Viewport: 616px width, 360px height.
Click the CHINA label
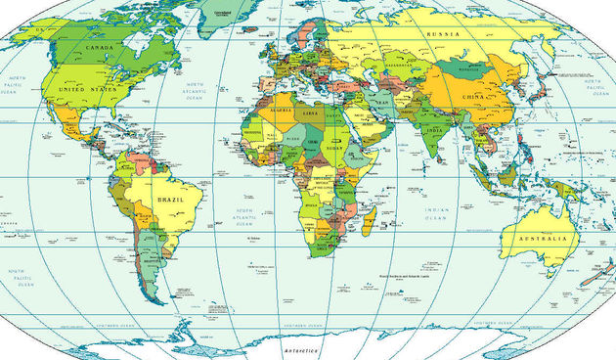[472, 98]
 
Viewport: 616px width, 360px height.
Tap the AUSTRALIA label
[544, 240]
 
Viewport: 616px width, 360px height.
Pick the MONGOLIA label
[467, 71]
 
